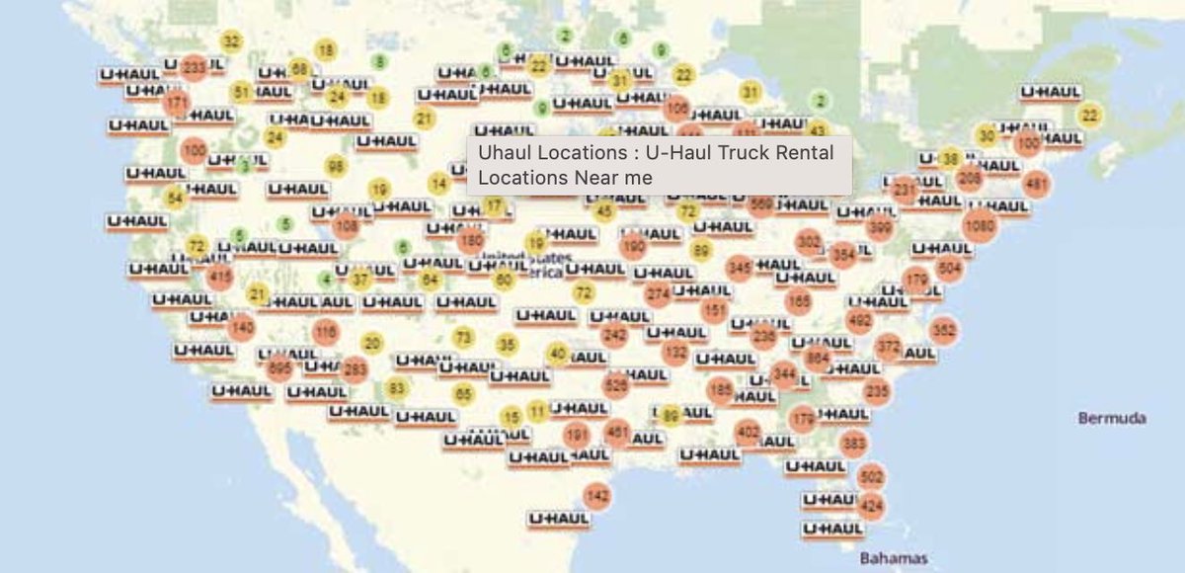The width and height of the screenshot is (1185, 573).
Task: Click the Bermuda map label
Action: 1112,418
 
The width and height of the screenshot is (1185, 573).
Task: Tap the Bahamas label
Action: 893,558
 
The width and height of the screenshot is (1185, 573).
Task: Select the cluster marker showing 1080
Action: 980,225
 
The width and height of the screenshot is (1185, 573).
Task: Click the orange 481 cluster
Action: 1036,184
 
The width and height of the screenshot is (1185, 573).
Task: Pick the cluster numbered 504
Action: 950,268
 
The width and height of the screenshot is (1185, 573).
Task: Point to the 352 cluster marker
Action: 943,330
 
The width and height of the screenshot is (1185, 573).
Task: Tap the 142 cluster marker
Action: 596,495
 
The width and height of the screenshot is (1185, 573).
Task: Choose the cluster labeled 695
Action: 279,368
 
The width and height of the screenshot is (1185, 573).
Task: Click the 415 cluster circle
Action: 219,278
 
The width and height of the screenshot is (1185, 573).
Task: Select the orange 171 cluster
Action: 177,103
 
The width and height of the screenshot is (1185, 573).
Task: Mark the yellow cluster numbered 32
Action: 231,41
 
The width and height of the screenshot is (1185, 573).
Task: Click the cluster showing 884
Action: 818,358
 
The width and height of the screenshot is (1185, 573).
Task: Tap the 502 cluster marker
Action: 871,477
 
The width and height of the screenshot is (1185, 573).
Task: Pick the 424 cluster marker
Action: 871,507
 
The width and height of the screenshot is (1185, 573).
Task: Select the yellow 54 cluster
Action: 176,198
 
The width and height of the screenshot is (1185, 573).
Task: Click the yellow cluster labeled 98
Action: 336,166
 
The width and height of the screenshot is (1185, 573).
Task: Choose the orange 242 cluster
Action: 615,335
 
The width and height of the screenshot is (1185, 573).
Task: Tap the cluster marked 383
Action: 854,443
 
